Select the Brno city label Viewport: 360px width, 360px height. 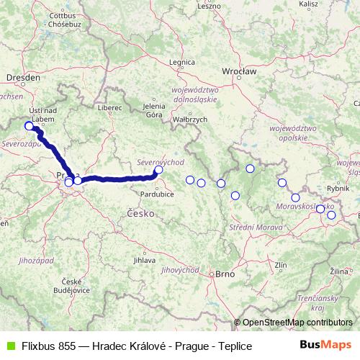click(x=224, y=274)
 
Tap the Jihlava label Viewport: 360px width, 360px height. click(x=145, y=260)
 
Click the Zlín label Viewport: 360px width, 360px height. click(x=281, y=266)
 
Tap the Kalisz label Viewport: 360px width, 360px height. click(x=308, y=4)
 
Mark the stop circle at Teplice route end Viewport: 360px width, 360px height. click(x=30, y=126)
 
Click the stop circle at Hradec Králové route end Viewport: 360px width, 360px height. click(x=158, y=171)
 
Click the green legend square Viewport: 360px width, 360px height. click(x=9, y=346)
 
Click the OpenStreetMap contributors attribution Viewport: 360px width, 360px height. click(x=297, y=322)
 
